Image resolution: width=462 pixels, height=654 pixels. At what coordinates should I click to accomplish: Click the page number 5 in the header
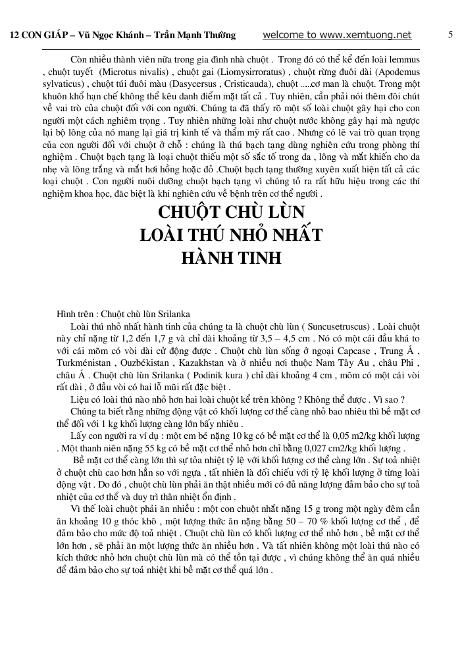point(450,35)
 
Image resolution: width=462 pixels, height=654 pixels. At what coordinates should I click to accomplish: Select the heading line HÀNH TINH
point(231,257)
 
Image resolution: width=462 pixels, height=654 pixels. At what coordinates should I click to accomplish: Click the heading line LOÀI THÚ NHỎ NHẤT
point(231,235)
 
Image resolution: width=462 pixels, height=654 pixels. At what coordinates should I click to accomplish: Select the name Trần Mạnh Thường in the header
point(197,36)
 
